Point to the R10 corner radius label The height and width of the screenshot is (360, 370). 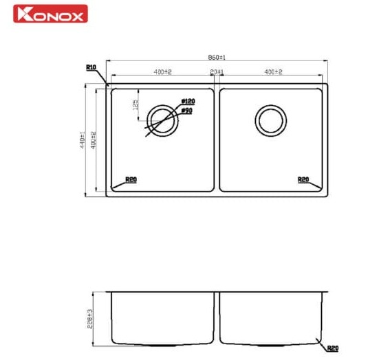(91, 67)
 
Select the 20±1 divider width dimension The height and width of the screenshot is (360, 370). (216, 72)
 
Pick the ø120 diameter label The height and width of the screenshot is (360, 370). (186, 101)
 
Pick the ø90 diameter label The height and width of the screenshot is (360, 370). (186, 110)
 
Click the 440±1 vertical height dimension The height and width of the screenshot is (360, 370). (82, 140)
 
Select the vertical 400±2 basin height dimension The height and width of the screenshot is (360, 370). (93, 140)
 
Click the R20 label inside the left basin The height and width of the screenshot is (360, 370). (131, 180)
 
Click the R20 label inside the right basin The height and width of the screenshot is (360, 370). (303, 180)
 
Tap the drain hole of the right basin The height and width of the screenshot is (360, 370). (270, 121)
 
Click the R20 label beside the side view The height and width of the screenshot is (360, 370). (333, 349)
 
